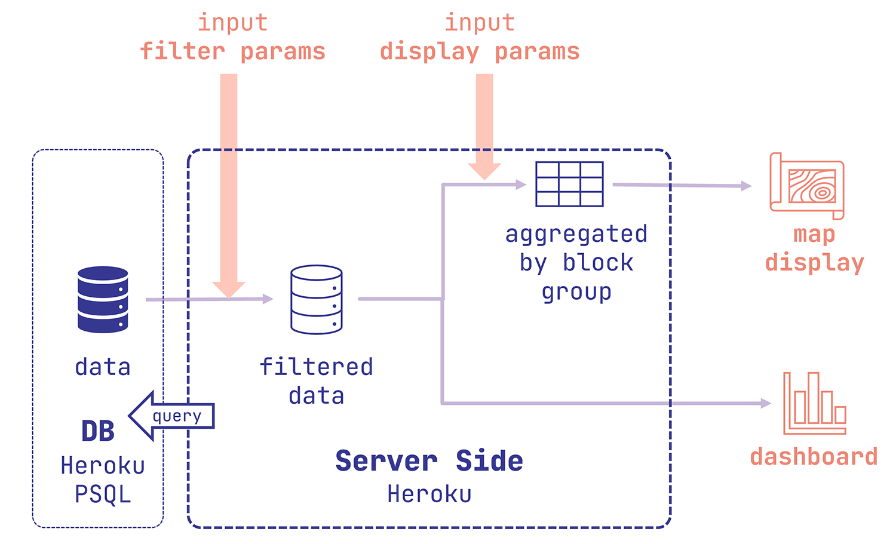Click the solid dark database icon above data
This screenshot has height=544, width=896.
coord(103,299)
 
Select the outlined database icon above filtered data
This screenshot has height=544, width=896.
coord(316,299)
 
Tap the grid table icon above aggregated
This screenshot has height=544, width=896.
coord(569,184)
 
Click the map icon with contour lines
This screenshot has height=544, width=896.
coord(807,186)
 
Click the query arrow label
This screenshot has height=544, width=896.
coord(177,416)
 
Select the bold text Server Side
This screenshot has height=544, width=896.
coord(429,461)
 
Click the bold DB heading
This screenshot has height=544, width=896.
coord(98,431)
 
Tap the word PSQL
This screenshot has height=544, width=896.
coord(103,494)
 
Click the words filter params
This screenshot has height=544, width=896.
coord(232,52)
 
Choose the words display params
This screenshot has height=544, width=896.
coord(480,52)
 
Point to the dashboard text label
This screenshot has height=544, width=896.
coord(814,457)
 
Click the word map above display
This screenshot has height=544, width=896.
coord(814,234)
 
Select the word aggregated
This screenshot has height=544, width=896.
coord(576,234)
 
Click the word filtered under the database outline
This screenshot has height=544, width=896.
coord(316,367)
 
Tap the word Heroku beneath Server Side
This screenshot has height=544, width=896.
coord(429,494)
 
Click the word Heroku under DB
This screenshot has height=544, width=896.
coord(103,466)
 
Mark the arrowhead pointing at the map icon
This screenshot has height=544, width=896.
coord(746,186)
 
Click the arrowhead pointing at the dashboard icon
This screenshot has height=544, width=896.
coord(766,403)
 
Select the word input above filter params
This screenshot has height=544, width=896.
coord(232,23)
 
